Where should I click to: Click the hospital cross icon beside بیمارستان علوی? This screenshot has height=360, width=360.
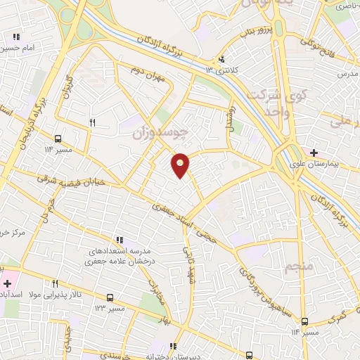(313, 152)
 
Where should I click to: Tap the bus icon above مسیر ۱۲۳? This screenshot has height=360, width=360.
(110, 297)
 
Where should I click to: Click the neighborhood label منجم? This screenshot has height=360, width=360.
(295, 266)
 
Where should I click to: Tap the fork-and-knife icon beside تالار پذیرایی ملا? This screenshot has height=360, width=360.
(54, 283)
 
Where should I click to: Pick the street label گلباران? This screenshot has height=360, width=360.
(69, 86)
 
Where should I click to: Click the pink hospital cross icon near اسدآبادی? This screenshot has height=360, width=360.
(6, 283)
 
